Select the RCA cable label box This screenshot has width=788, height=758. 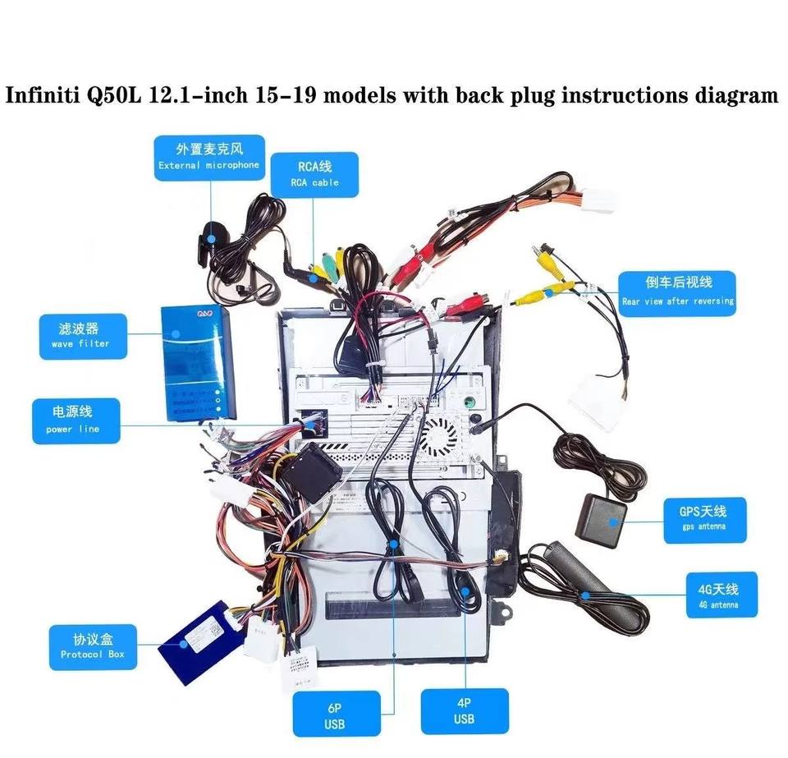click(x=314, y=174)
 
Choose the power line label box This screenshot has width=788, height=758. click(x=75, y=420)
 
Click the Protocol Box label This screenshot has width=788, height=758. click(x=92, y=646)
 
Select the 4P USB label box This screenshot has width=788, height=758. click(x=464, y=711)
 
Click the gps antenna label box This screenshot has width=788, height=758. click(x=703, y=519)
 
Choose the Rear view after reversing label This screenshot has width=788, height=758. click(x=677, y=293)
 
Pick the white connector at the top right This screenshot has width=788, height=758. click(x=596, y=200)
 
